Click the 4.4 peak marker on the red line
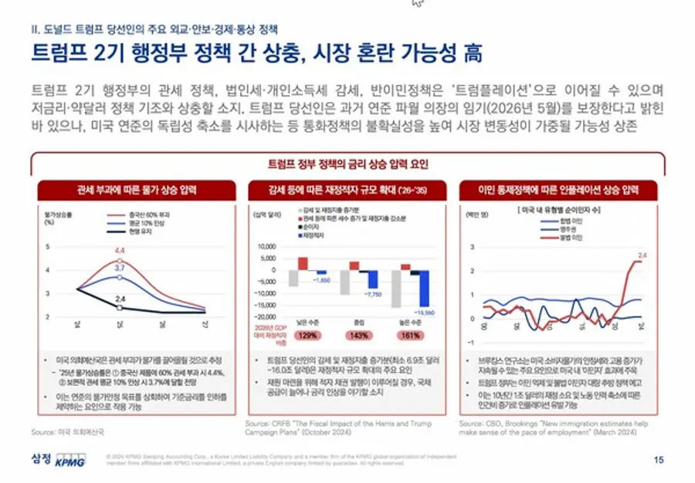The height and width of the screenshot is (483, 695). [120, 260]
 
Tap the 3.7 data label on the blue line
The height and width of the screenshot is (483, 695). [120, 267]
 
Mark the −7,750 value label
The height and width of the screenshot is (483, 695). [373, 294]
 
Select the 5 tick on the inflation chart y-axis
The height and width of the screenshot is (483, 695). [48, 247]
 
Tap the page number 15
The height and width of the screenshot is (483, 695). [658, 460]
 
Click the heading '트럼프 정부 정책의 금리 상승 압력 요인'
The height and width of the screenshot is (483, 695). [347, 164]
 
